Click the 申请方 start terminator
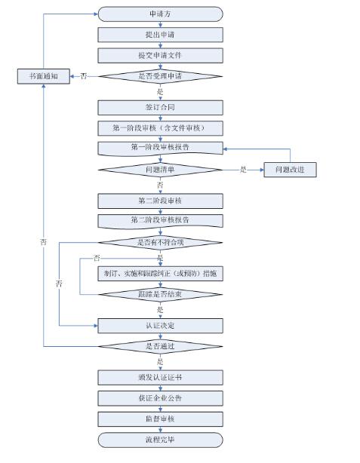160,14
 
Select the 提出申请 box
160,35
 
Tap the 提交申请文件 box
160,55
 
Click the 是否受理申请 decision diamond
160,75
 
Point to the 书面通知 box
43,75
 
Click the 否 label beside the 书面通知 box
83,75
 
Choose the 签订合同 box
160,107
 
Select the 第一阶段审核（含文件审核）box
160,127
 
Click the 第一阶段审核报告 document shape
160,148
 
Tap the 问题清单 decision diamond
160,170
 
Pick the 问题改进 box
289,170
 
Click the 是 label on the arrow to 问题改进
243,170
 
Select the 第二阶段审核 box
160,201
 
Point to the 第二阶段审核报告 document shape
160,220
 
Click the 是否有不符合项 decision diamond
160,242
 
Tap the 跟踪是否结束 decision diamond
160,293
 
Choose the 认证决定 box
160,325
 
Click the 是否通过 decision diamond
160,346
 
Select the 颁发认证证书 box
160,377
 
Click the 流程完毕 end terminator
160,439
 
